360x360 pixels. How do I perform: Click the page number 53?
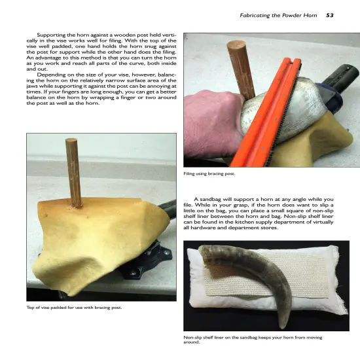[x=330, y=14]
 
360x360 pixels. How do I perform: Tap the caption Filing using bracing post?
[x=209, y=173]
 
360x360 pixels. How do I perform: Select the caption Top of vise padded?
[x=74, y=306]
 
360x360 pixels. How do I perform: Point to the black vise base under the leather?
[x=145, y=262]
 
